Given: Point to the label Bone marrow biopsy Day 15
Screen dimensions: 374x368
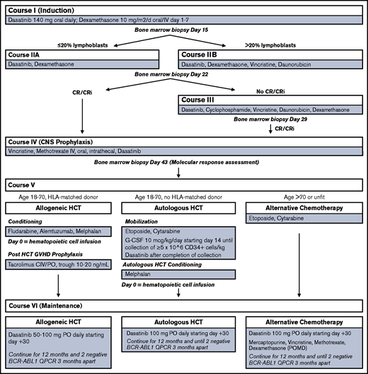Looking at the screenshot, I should click(x=183, y=32).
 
